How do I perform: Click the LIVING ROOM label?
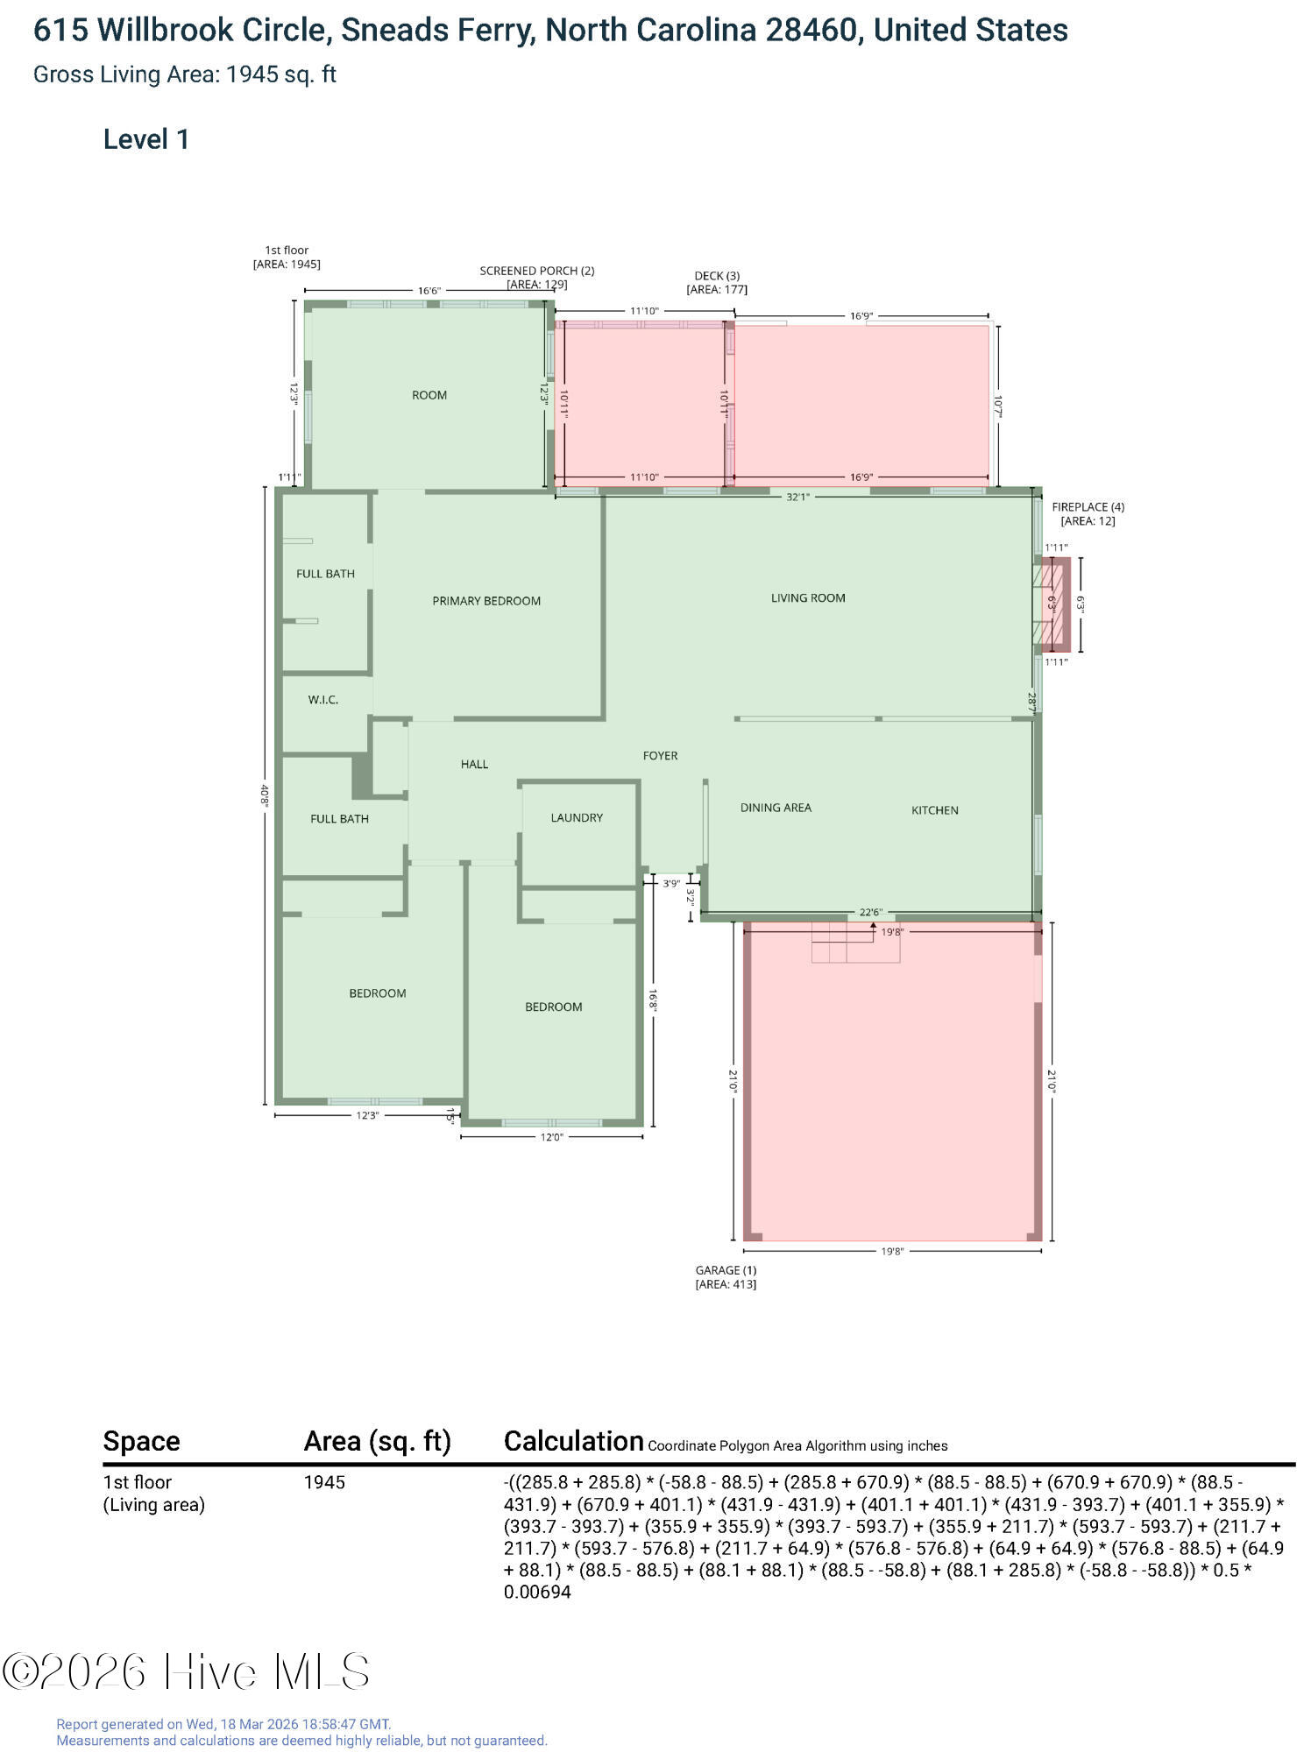pyautogui.click(x=808, y=598)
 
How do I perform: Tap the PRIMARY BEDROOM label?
pyautogui.click(x=486, y=601)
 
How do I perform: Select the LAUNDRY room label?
pyautogui.click(x=577, y=818)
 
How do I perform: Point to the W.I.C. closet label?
pyautogui.click(x=323, y=700)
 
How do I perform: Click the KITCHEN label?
pyautogui.click(x=935, y=810)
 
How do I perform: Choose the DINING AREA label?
pyautogui.click(x=776, y=808)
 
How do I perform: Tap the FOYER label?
pyautogui.click(x=661, y=756)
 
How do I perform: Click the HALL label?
pyautogui.click(x=474, y=765)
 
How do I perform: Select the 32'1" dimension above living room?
pyautogui.click(x=797, y=497)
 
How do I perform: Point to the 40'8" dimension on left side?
pyautogui.click(x=264, y=795)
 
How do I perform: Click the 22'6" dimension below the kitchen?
pyautogui.click(x=870, y=913)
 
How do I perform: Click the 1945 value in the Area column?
pyautogui.click(x=324, y=1483)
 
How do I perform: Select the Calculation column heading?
pyautogui.click(x=574, y=1441)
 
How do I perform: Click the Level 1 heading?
pyautogui.click(x=146, y=139)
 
